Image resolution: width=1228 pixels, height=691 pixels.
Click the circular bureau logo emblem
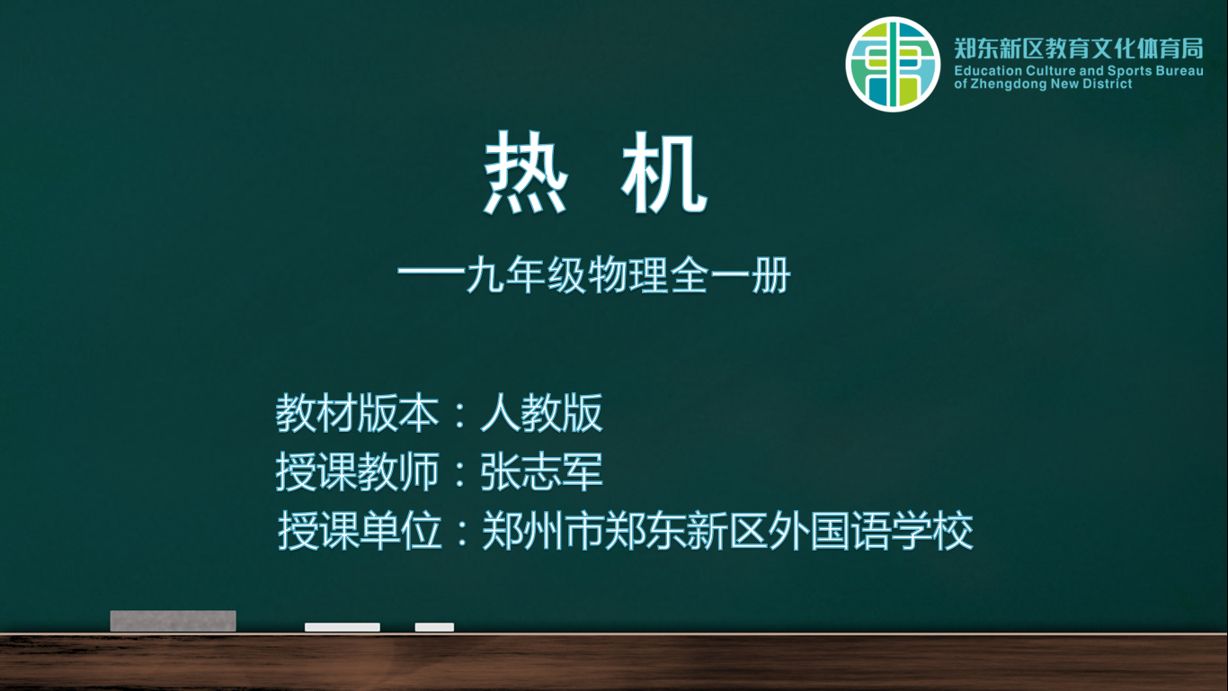pyautogui.click(x=893, y=64)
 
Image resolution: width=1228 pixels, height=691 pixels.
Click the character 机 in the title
pyautogui.click(x=664, y=173)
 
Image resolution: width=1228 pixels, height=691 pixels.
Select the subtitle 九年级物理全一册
pyautogui.click(x=628, y=275)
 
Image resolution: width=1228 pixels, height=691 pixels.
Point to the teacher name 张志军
pyautogui.click(x=542, y=471)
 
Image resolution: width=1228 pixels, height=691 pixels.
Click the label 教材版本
pyautogui.click(x=357, y=413)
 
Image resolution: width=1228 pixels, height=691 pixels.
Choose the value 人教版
pyautogui.click(x=542, y=413)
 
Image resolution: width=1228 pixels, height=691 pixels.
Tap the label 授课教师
pyautogui.click(x=357, y=471)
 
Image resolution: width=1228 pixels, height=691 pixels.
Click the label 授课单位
pyautogui.click(x=360, y=531)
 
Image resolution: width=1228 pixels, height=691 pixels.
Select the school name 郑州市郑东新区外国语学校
pyautogui.click(x=727, y=531)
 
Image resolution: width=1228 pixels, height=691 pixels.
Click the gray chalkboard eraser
pyautogui.click(x=174, y=621)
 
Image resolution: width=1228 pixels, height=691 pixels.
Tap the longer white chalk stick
pyautogui.click(x=343, y=627)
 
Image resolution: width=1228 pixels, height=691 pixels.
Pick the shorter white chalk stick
pyautogui.click(x=434, y=627)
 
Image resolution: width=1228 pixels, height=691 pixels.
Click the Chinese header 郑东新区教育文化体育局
pyautogui.click(x=1079, y=49)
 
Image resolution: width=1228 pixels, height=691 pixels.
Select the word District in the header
pyautogui.click(x=1110, y=84)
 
